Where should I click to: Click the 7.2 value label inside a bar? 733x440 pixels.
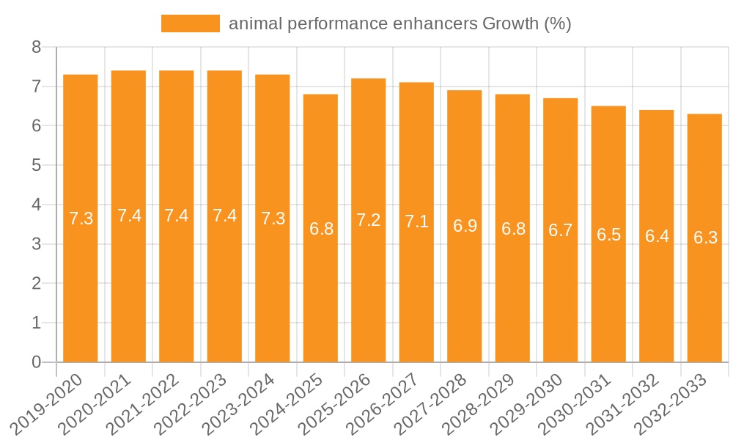click(x=369, y=220)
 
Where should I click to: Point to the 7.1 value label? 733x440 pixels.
click(x=416, y=221)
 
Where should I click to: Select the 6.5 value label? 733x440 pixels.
click(x=608, y=235)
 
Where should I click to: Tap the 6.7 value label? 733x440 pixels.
click(x=561, y=230)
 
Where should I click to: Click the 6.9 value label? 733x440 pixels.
click(x=465, y=226)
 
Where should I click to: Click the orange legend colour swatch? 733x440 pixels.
click(x=191, y=23)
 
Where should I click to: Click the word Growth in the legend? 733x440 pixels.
click(x=510, y=23)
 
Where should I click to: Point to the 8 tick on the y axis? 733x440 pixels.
click(x=37, y=48)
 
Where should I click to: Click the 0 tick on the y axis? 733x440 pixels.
click(x=37, y=362)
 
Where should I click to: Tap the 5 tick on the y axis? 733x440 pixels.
click(x=37, y=166)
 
